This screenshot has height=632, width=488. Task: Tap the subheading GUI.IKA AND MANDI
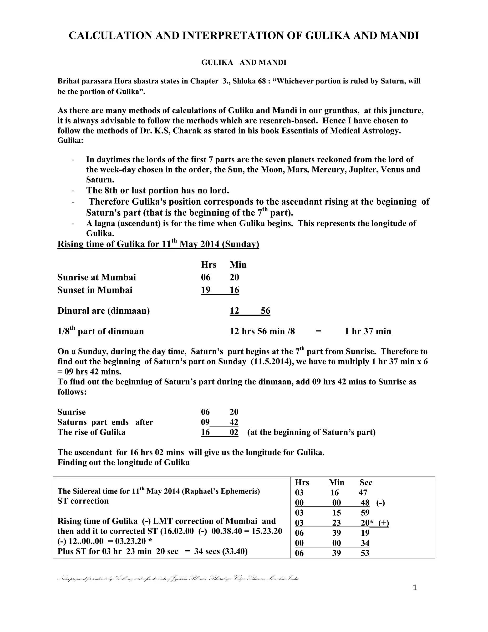click(x=244, y=62)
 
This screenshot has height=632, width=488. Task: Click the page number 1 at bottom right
click(x=415, y=588)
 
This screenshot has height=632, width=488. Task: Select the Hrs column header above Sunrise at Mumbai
click(x=208, y=265)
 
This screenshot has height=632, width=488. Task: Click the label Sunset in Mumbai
click(x=95, y=290)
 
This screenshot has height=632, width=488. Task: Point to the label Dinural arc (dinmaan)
click(x=103, y=311)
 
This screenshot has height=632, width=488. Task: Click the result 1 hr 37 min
click(x=368, y=331)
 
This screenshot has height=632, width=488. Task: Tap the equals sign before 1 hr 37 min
click(x=319, y=331)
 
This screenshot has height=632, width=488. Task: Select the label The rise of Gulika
click(x=91, y=432)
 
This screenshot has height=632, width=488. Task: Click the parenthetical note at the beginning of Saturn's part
click(x=311, y=432)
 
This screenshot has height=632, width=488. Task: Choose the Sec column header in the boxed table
click(x=366, y=482)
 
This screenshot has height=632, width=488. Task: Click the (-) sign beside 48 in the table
click(x=381, y=503)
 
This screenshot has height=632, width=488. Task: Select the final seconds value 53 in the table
click(x=365, y=553)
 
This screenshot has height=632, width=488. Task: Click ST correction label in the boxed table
click(x=83, y=501)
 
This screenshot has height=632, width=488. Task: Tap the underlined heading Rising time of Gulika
click(x=158, y=244)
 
